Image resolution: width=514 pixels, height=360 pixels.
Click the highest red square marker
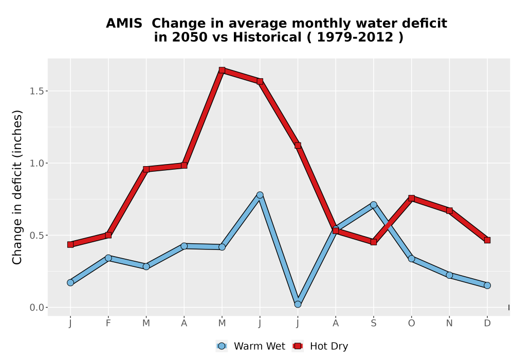tap(222, 70)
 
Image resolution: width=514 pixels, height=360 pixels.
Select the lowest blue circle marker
tap(298, 304)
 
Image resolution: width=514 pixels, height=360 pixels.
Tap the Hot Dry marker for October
tap(411, 198)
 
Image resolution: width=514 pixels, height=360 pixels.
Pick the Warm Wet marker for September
tap(373, 205)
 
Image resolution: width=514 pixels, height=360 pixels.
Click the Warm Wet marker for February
tap(108, 258)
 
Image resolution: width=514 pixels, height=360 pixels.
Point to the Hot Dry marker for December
tap(487, 240)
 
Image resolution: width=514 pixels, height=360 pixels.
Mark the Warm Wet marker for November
tap(449, 275)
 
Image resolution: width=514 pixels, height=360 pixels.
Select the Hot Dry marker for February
tap(108, 235)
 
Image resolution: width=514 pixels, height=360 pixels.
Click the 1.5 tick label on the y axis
tap(36, 91)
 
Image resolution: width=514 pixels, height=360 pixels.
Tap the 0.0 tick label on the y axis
tap(36, 308)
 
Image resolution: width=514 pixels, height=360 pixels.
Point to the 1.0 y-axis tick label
tap(36, 163)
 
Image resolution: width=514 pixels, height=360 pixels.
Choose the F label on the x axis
tap(108, 323)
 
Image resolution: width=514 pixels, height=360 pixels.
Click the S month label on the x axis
tap(373, 323)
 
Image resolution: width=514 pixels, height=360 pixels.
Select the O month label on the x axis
tap(411, 323)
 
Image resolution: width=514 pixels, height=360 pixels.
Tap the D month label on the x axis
tap(487, 323)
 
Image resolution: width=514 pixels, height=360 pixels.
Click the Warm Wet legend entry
tap(251, 346)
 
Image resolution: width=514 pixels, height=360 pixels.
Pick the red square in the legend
tap(298, 346)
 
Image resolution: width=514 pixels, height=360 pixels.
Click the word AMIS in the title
tap(124, 23)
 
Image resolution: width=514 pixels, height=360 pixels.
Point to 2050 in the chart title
tap(190, 37)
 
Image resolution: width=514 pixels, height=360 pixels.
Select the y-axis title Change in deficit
tap(17, 187)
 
